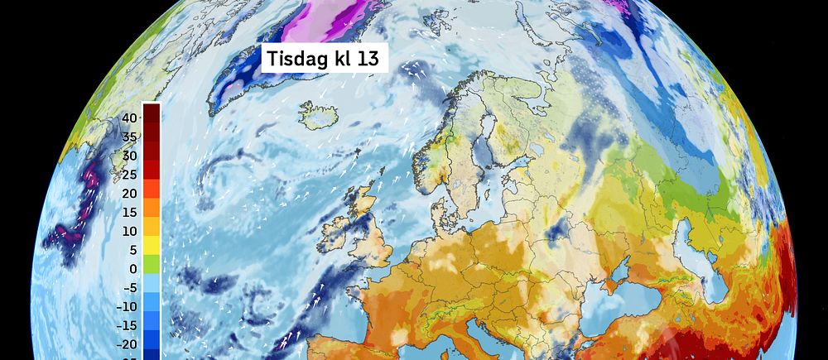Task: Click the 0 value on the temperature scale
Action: click(132, 269)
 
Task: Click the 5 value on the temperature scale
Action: click(132, 250)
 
